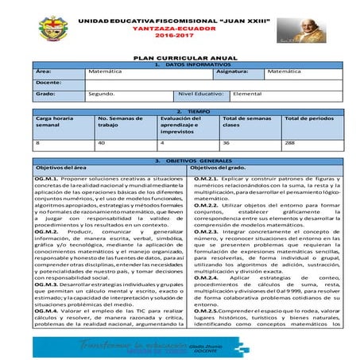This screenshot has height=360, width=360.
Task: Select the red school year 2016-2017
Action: click(x=180, y=36)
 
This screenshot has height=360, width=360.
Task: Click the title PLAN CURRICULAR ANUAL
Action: click(x=180, y=59)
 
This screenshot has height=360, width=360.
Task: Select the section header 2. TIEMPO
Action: click(x=180, y=111)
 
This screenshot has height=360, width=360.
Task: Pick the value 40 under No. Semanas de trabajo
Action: click(x=102, y=142)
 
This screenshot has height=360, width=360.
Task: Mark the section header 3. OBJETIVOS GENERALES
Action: click(x=180, y=160)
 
